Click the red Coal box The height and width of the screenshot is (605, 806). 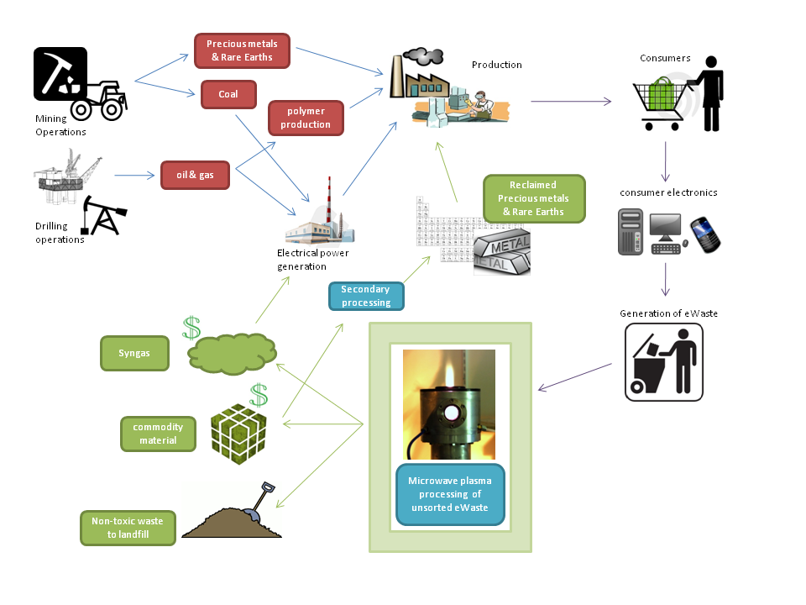228,94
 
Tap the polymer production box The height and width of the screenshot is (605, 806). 306,118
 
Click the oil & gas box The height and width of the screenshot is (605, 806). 194,175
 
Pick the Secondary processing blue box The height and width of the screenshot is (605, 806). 366,296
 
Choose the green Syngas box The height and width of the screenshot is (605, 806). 134,354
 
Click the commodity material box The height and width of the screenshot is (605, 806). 158,434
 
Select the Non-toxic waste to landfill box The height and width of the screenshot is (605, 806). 128,528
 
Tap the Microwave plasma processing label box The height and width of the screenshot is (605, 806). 450,494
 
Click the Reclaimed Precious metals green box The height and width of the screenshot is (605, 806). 534,198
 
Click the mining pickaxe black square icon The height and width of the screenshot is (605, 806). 60,74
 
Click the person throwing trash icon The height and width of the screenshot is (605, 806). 663,362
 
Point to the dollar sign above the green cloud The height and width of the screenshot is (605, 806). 192,327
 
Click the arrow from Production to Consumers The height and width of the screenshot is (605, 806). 571,102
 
